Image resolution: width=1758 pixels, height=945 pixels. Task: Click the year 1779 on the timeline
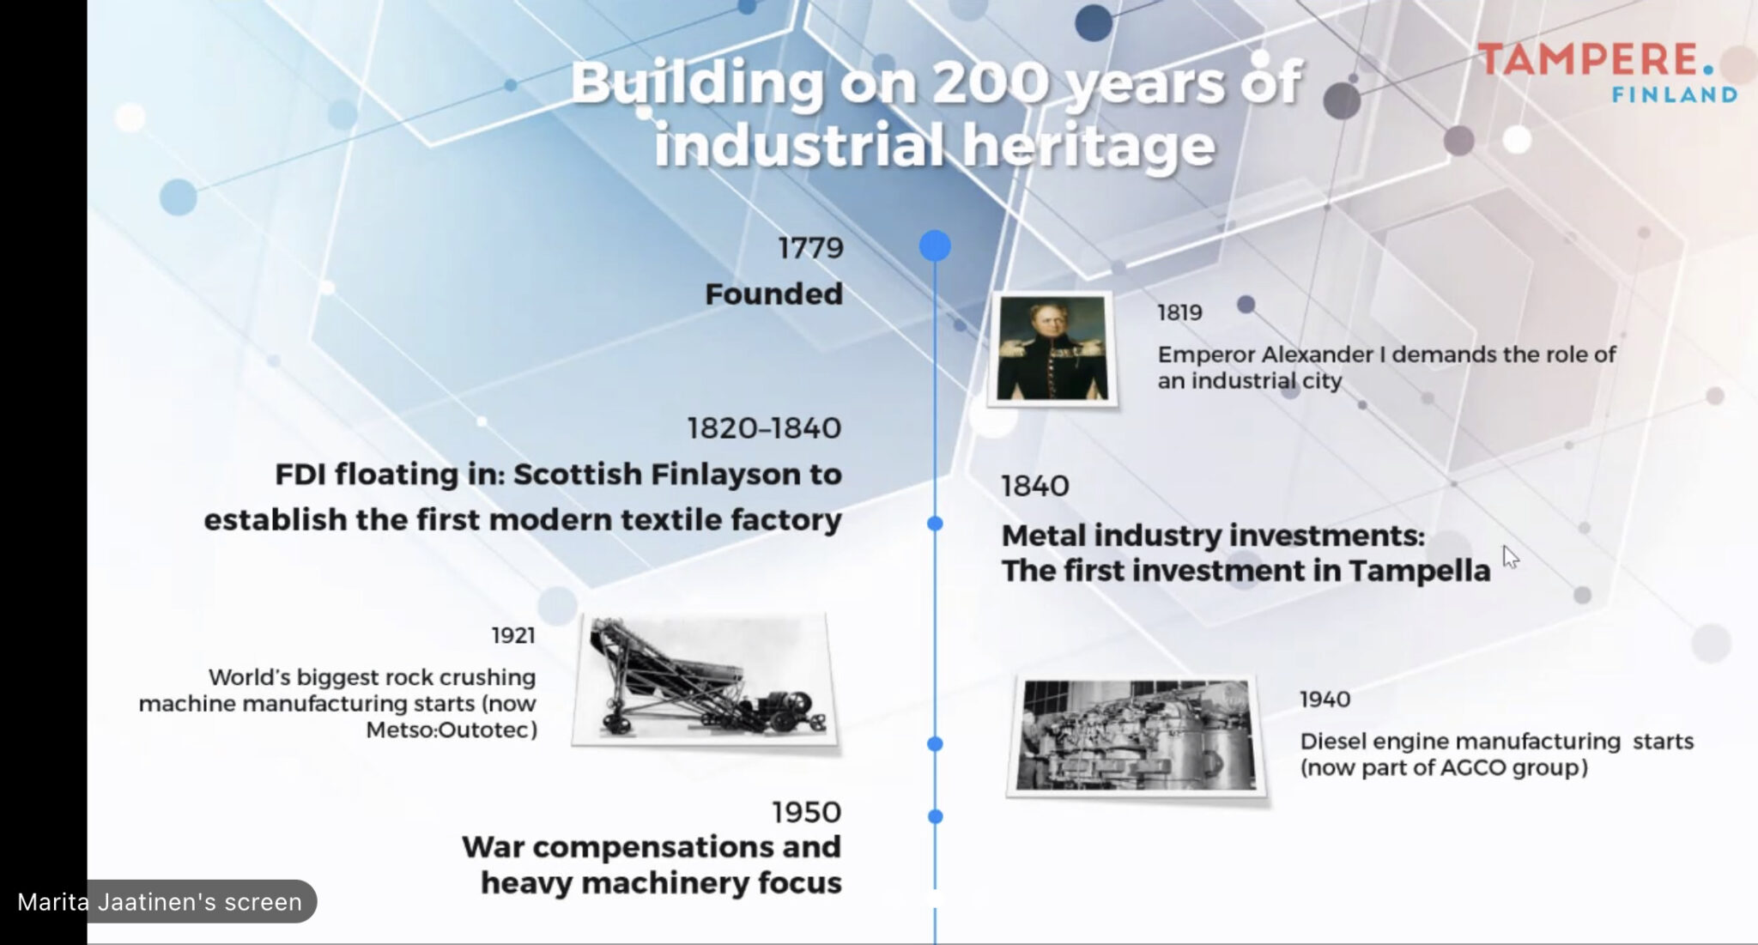[x=810, y=248]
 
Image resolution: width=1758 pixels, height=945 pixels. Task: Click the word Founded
[x=773, y=294]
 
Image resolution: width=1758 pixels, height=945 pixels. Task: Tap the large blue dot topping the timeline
[x=935, y=246]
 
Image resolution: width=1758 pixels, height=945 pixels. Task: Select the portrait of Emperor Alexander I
[x=1052, y=348]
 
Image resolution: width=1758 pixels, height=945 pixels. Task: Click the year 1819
[x=1179, y=312]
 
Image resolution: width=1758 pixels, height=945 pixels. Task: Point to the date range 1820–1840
[x=764, y=428]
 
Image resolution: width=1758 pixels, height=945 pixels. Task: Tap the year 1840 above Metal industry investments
[x=1035, y=487]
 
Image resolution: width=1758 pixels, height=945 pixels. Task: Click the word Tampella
[x=1419, y=572]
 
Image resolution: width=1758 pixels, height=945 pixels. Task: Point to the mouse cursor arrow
[x=1510, y=557]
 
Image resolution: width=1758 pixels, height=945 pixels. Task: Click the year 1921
[x=512, y=635]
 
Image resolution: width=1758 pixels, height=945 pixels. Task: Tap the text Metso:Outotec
[x=452, y=730]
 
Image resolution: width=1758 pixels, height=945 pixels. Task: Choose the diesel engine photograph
[x=1137, y=736]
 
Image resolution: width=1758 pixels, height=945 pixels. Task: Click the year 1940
[x=1325, y=700]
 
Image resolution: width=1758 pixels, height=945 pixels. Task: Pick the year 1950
[x=806, y=812]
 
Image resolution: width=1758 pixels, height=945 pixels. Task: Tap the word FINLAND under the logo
[x=1674, y=94]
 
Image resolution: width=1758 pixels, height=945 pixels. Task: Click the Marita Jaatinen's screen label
[x=160, y=902]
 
